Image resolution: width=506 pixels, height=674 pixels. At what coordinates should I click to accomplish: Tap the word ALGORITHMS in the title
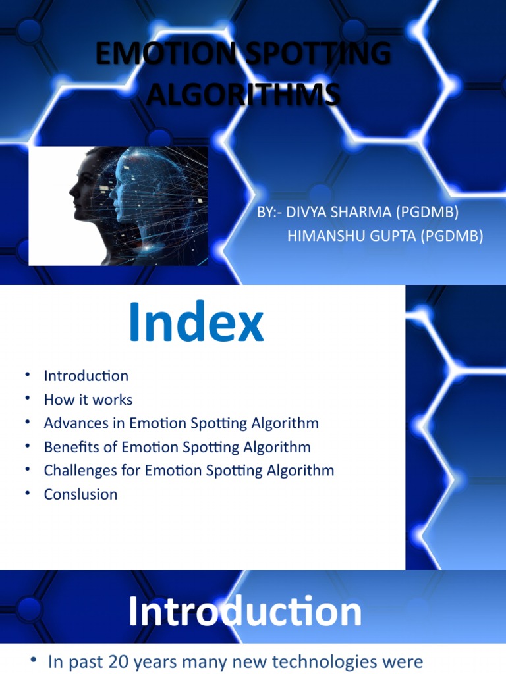pyautogui.click(x=243, y=95)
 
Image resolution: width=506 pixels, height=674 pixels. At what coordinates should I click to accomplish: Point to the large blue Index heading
pyautogui.click(x=196, y=323)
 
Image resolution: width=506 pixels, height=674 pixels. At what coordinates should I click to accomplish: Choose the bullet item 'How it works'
pyautogui.click(x=88, y=400)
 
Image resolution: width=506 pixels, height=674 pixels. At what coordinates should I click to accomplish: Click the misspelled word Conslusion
pyautogui.click(x=80, y=494)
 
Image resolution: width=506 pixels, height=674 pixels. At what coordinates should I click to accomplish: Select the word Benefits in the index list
pyautogui.click(x=70, y=447)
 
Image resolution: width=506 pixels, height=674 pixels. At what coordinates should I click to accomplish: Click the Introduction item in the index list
pyautogui.click(x=86, y=376)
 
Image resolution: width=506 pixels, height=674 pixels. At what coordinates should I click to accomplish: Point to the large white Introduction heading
pyautogui.click(x=244, y=612)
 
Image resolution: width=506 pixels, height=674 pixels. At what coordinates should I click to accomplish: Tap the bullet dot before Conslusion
pyautogui.click(x=28, y=494)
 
